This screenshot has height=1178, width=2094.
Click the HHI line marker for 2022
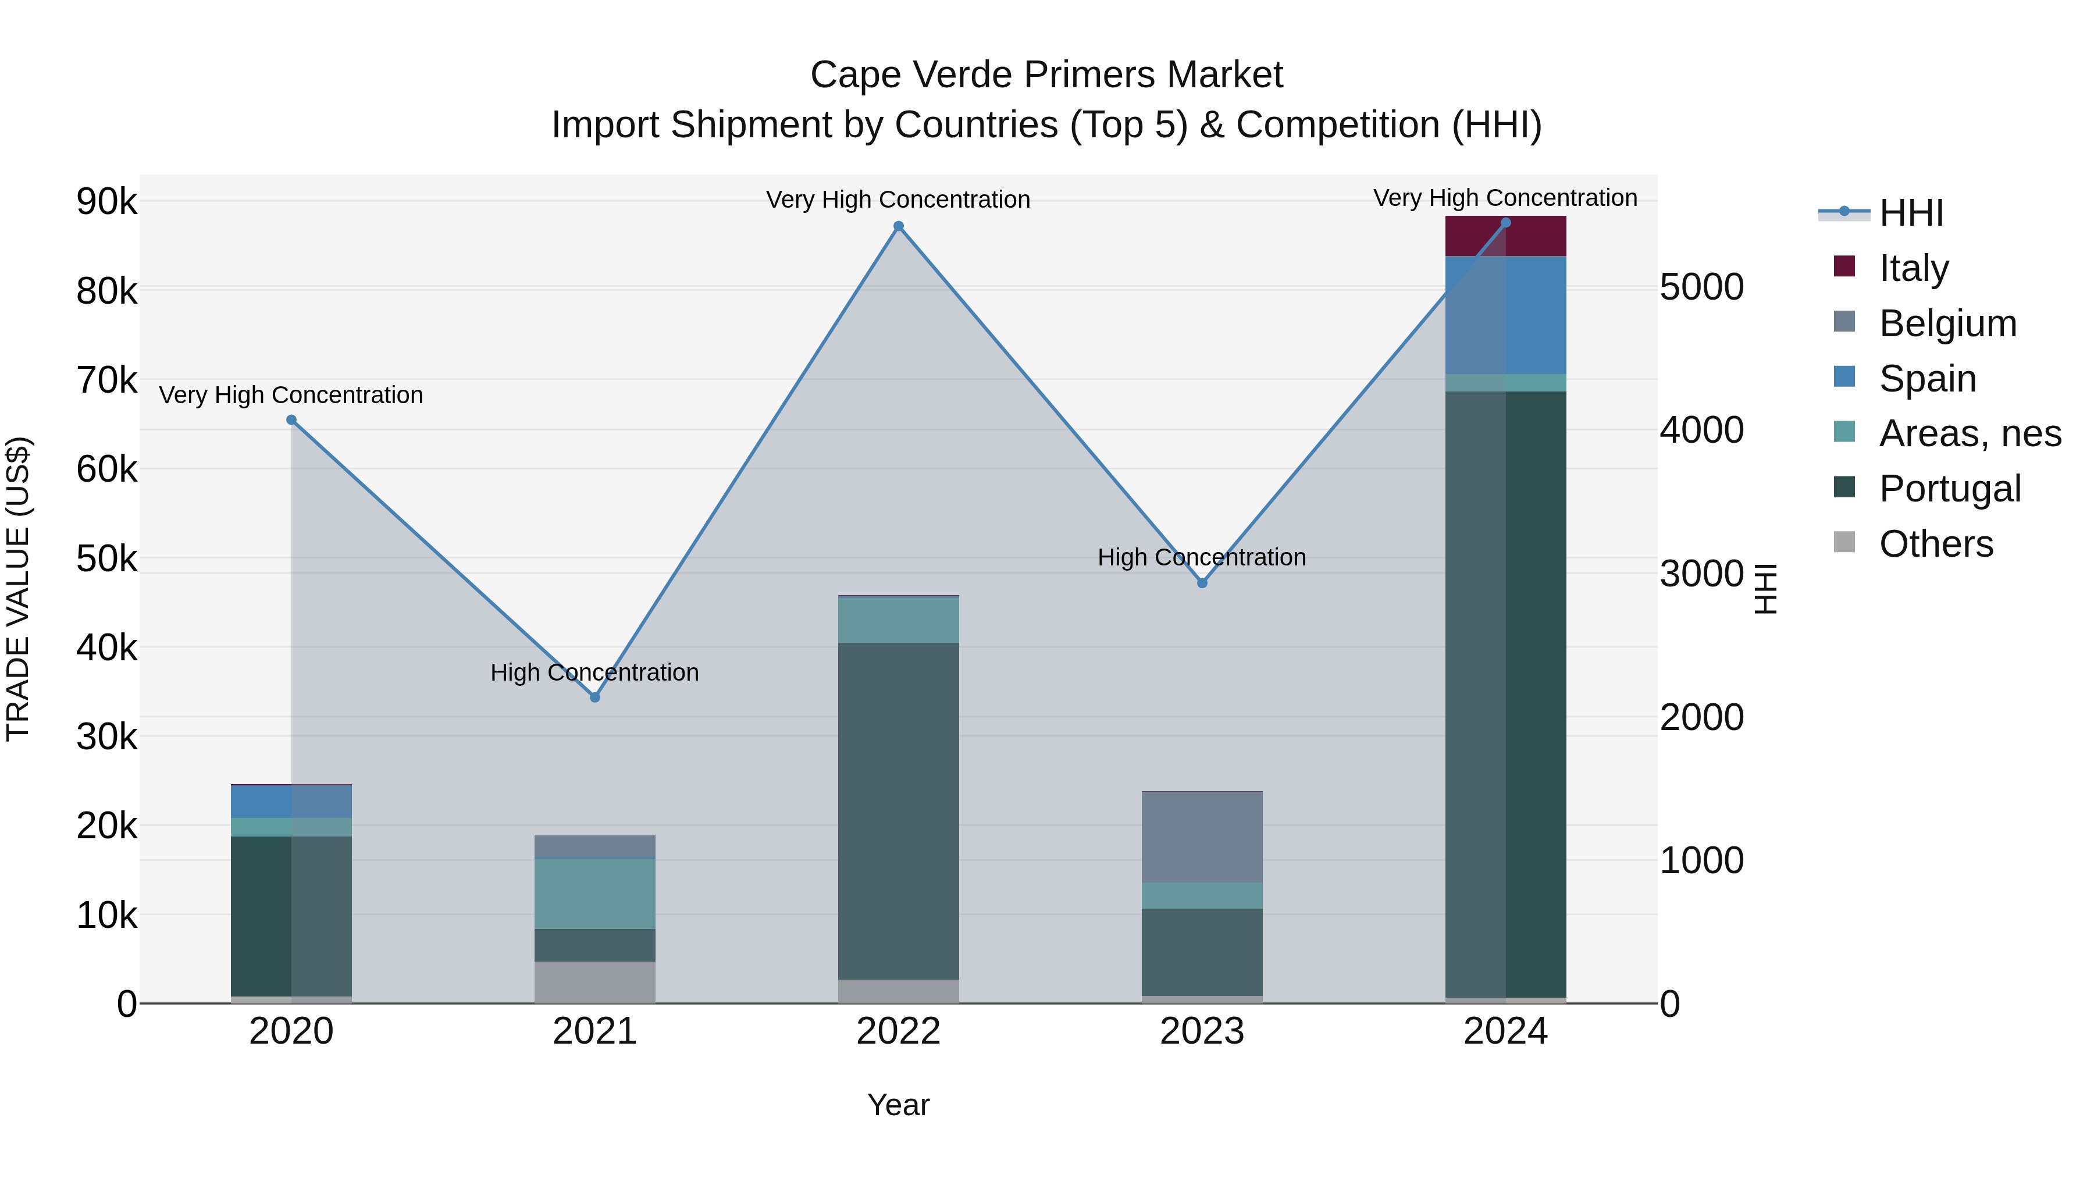click(898, 227)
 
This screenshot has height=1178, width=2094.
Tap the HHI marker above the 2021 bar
click(595, 697)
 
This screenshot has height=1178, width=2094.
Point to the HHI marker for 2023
click(1202, 583)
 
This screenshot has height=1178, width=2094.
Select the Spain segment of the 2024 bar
click(1505, 315)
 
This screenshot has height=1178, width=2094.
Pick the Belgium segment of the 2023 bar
click(1202, 837)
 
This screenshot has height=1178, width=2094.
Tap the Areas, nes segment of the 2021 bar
click(595, 894)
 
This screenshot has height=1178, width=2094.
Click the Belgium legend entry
click(1947, 323)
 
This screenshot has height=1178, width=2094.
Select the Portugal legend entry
click(1949, 489)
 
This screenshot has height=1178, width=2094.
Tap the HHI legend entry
click(1910, 213)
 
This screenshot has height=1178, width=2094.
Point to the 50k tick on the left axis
click(107, 558)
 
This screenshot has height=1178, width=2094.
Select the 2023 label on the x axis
click(1202, 1031)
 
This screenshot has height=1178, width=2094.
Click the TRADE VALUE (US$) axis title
click(19, 589)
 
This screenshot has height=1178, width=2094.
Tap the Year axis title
click(898, 1105)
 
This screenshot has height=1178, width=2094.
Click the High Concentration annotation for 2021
click(594, 672)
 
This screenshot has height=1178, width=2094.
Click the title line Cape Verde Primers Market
click(1046, 75)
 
